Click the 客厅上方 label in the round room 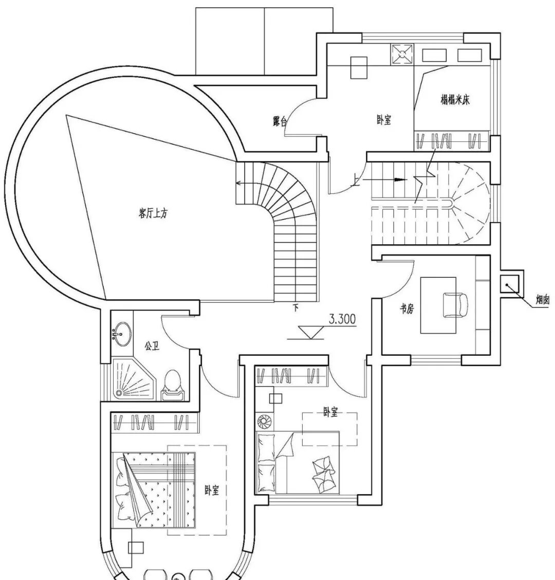pos(153,214)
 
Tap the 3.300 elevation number pos(342,319)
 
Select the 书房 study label pos(407,309)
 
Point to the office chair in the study pos(455,304)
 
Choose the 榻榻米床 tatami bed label pos(455,99)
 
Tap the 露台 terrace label pos(280,122)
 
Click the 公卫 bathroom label pos(152,346)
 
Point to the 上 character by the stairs pos(356,180)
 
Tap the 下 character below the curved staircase pos(295,308)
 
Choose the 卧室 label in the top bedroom pos(384,120)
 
